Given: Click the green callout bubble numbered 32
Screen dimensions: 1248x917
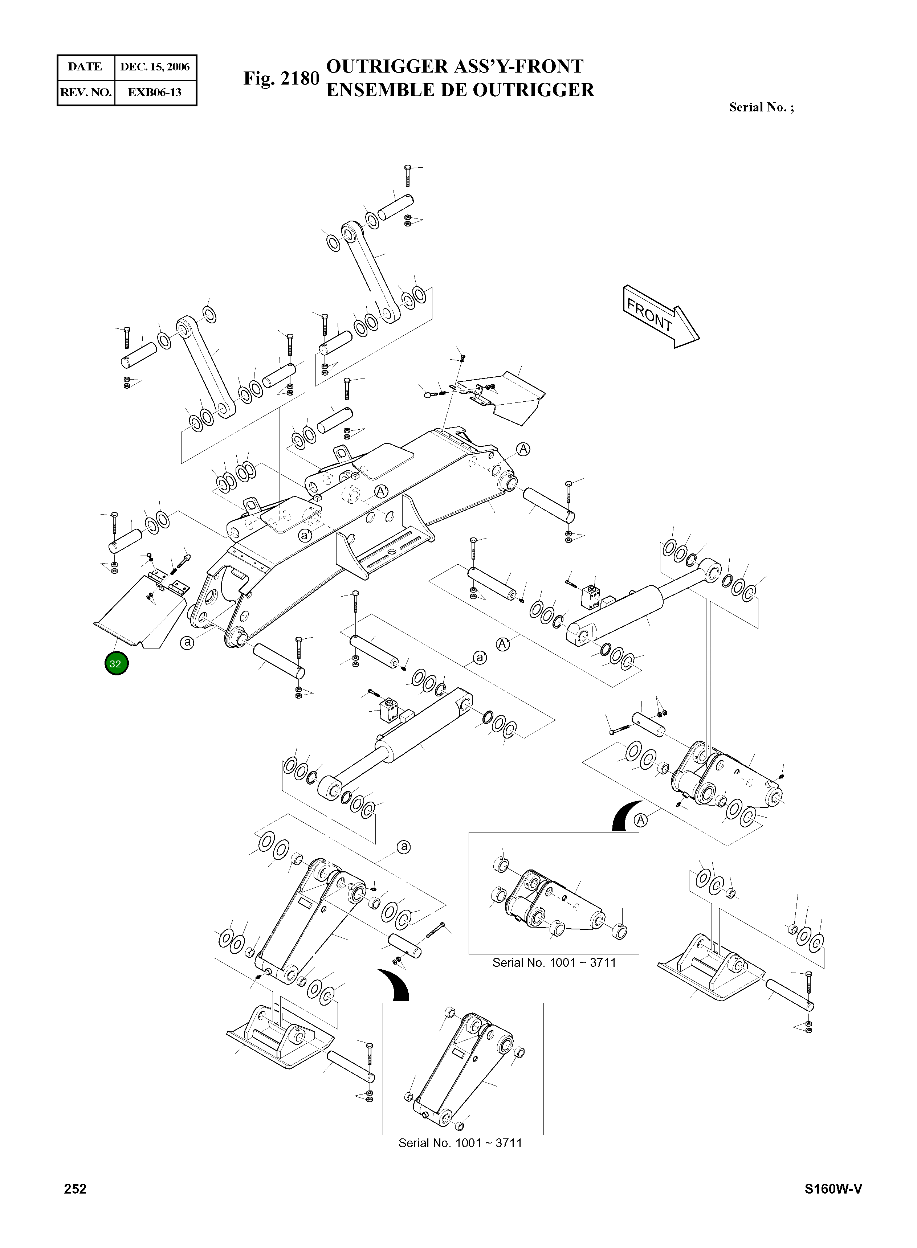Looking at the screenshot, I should click(116, 664).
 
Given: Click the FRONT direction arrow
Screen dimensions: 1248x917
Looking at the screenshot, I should click(660, 316).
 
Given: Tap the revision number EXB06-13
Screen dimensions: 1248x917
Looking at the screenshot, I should click(155, 92).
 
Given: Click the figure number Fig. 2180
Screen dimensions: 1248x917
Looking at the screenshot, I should click(281, 78).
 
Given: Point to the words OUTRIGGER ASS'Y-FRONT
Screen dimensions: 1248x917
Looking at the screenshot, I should click(454, 66).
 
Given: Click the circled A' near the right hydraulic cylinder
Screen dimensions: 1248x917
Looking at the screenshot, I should click(503, 644).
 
